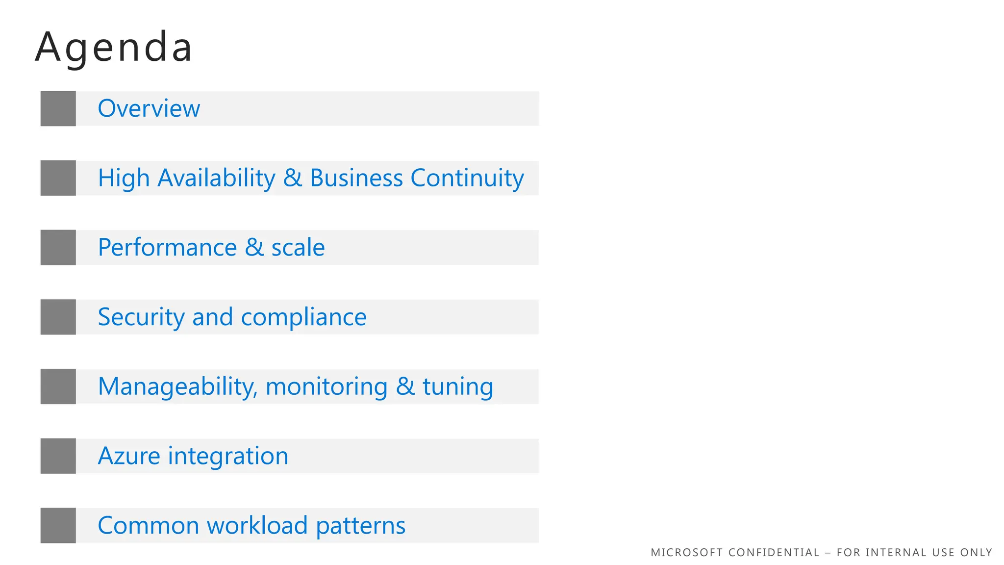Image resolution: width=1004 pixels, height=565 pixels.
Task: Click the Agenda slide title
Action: pyautogui.click(x=114, y=48)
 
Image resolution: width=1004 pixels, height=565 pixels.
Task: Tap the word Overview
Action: pyautogui.click(x=149, y=108)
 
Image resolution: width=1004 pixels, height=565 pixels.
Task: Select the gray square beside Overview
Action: pyautogui.click(x=58, y=108)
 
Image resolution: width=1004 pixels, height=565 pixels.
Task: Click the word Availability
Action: pyautogui.click(x=216, y=178)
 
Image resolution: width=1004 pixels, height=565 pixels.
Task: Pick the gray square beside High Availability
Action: pyautogui.click(x=58, y=178)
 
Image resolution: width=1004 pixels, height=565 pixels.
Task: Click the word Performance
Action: pyautogui.click(x=167, y=247)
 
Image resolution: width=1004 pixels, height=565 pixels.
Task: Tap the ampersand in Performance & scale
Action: pyautogui.click(x=254, y=247)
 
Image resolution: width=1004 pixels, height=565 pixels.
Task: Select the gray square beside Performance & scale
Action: pyautogui.click(x=58, y=248)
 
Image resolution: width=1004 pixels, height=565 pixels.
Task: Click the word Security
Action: pyautogui.click(x=141, y=317)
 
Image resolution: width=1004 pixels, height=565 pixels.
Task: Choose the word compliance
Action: pyautogui.click(x=303, y=317)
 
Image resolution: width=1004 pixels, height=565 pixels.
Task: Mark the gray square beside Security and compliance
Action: pyautogui.click(x=58, y=317)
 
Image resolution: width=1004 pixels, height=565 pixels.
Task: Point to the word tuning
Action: pyautogui.click(x=458, y=387)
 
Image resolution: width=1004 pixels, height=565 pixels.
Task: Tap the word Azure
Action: pyautogui.click(x=129, y=456)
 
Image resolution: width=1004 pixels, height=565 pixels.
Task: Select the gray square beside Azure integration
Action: pyautogui.click(x=58, y=456)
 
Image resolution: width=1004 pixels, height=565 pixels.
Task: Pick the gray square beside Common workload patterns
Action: pyautogui.click(x=58, y=525)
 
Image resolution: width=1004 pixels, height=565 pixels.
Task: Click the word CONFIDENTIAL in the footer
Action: pyautogui.click(x=774, y=553)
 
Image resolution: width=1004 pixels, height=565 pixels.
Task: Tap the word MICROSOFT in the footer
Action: pyautogui.click(x=686, y=553)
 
